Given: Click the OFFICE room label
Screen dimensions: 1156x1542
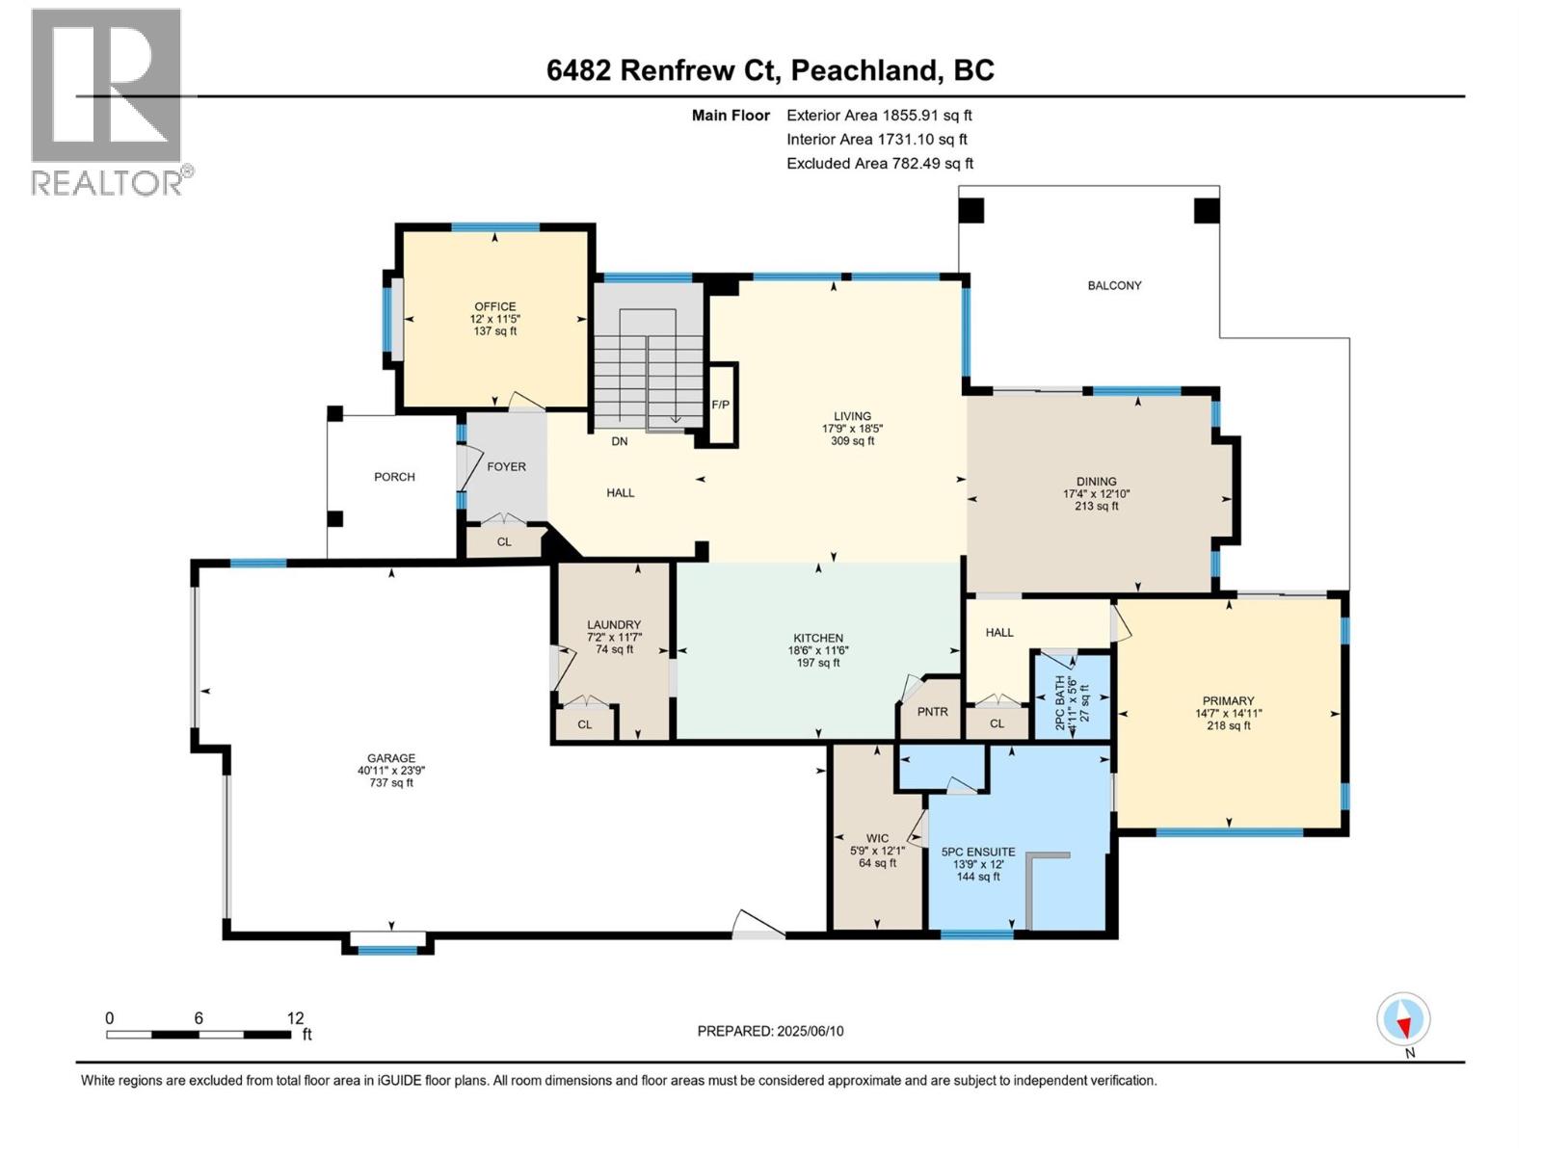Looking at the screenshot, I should click(x=494, y=306).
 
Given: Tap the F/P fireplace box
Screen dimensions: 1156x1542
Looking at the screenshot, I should click(x=721, y=405).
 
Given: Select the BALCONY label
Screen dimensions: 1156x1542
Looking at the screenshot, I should click(x=1114, y=285).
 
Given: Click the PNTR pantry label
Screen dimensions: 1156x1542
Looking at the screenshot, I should click(x=932, y=712).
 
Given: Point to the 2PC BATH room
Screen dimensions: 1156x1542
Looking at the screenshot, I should click(x=1072, y=695).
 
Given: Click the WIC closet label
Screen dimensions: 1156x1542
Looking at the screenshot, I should click(x=877, y=838).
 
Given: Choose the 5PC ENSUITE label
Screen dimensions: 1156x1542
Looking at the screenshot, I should click(x=977, y=852).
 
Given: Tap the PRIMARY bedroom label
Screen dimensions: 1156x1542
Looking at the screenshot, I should click(x=1228, y=700).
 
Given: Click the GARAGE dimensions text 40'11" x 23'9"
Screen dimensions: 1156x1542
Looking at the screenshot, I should click(x=390, y=771).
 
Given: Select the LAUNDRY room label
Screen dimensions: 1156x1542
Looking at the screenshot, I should click(x=614, y=624).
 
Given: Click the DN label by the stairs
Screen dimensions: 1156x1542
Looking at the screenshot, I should click(x=619, y=441).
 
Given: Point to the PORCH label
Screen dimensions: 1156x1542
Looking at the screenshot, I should click(x=394, y=477).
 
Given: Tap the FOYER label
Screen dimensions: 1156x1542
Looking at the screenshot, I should click(x=506, y=466).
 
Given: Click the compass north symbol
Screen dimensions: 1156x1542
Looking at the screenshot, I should click(x=1404, y=1020).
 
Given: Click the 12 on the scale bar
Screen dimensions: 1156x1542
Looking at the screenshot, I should click(x=295, y=1018).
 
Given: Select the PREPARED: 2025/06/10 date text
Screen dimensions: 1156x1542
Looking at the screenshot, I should click(x=770, y=1031).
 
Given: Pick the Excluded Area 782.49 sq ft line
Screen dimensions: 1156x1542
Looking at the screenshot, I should click(x=879, y=164).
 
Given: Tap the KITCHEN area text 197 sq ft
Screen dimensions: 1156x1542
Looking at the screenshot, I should click(x=818, y=663).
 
